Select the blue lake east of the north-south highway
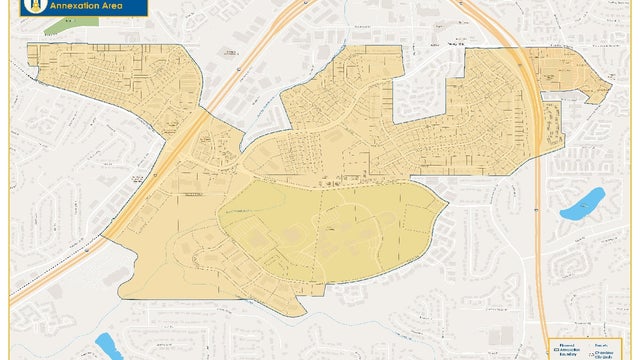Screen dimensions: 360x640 click(x=581, y=205)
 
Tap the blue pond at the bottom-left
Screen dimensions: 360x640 click(x=108, y=346)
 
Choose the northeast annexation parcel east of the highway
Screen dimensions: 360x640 click(x=575, y=75)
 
